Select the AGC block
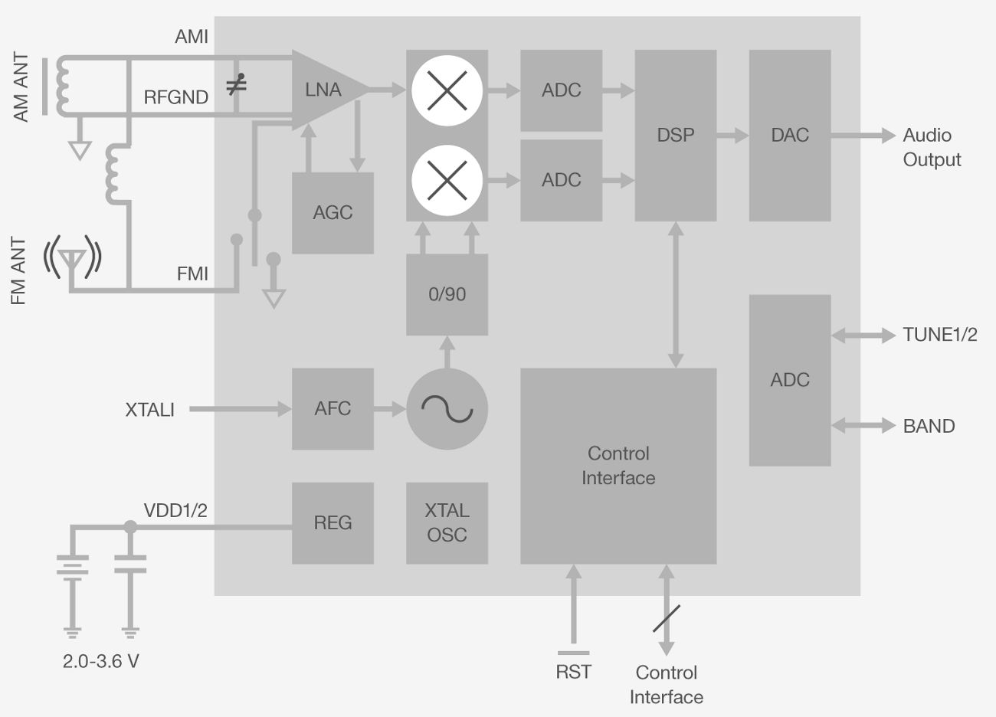pyautogui.click(x=333, y=213)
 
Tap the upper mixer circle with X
pyautogui.click(x=447, y=90)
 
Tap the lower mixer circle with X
pyautogui.click(x=447, y=181)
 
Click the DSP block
pyautogui.click(x=676, y=136)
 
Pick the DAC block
pyautogui.click(x=790, y=136)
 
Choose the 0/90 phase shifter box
pyautogui.click(x=447, y=294)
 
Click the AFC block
pyautogui.click(x=333, y=409)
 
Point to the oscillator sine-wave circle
pyautogui.click(x=447, y=409)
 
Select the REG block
pyautogui.click(x=333, y=523)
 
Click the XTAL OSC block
pyautogui.click(x=447, y=523)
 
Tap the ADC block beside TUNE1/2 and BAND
pyautogui.click(x=790, y=380)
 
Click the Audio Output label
pyautogui.click(x=931, y=147)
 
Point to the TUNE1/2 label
pyautogui.click(x=939, y=335)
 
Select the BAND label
pyautogui.click(x=929, y=426)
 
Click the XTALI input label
pyautogui.click(x=150, y=410)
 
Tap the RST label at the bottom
pyautogui.click(x=573, y=671)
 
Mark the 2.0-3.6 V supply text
pyautogui.click(x=101, y=660)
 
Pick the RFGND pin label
pyautogui.click(x=176, y=97)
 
